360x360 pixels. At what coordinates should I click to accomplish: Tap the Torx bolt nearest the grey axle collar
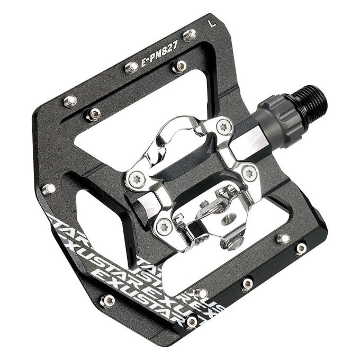(224, 127)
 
